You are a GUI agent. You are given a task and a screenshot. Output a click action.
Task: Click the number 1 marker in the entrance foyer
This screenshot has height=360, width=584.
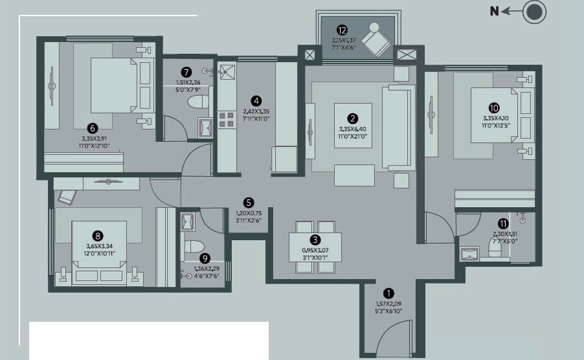[388, 292]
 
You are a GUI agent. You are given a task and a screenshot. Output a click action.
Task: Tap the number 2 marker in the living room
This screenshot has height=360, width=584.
[353, 118]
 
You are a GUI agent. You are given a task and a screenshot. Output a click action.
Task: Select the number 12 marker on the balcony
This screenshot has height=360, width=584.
[343, 30]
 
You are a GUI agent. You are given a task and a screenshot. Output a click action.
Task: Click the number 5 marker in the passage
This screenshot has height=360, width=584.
[249, 203]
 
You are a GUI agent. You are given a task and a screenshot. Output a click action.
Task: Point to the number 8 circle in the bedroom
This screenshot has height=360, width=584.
[98, 236]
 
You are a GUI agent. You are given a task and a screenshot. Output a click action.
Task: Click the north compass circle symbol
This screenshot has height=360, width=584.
[534, 12]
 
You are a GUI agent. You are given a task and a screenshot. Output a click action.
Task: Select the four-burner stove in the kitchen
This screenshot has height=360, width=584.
[226, 119]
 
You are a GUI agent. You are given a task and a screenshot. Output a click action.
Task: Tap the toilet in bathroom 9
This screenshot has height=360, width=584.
[194, 246]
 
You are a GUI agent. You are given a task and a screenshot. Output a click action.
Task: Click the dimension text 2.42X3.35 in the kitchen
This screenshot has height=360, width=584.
[256, 111]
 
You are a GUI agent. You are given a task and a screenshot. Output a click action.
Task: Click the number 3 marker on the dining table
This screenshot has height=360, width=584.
[315, 240]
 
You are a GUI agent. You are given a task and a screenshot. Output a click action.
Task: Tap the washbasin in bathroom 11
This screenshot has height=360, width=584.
[469, 253]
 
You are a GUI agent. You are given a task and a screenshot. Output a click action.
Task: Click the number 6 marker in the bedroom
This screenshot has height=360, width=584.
[93, 129]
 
